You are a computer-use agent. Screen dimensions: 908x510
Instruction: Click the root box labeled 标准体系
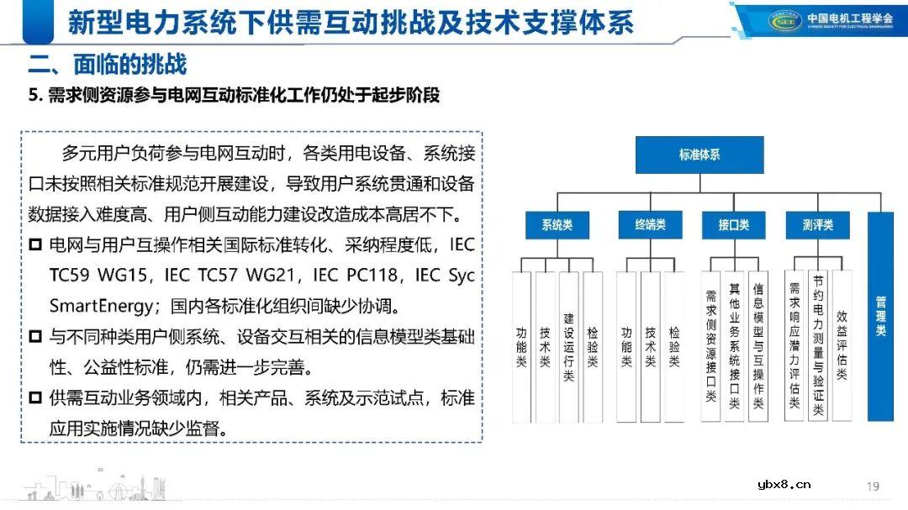click(699, 155)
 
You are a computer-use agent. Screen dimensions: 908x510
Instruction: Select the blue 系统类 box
click(557, 225)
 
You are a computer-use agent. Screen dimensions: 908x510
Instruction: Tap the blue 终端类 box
click(649, 225)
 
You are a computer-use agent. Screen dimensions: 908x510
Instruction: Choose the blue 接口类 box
click(733, 225)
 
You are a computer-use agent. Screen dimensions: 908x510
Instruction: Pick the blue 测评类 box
click(817, 225)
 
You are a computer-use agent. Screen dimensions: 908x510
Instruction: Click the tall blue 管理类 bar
click(880, 317)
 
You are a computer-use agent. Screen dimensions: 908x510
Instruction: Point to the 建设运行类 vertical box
click(568, 346)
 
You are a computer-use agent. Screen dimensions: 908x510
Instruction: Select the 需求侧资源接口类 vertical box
click(710, 346)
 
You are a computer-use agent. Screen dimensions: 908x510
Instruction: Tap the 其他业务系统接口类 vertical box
click(734, 346)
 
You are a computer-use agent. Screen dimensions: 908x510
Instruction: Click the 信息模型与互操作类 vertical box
click(758, 346)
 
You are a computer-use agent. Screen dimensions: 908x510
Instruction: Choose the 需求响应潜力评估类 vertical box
click(794, 346)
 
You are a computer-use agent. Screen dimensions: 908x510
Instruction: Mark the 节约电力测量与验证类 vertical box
click(818, 346)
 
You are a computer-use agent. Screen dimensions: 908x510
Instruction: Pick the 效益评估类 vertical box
click(842, 346)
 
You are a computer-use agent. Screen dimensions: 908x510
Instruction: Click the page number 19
click(873, 486)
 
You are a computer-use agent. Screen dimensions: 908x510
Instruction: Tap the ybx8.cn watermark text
click(784, 483)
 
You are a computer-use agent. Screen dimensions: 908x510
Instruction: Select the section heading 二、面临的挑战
click(107, 65)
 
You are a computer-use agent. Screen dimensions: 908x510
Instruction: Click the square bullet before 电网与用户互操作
click(35, 245)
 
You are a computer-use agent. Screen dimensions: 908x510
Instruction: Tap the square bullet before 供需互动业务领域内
click(35, 397)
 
